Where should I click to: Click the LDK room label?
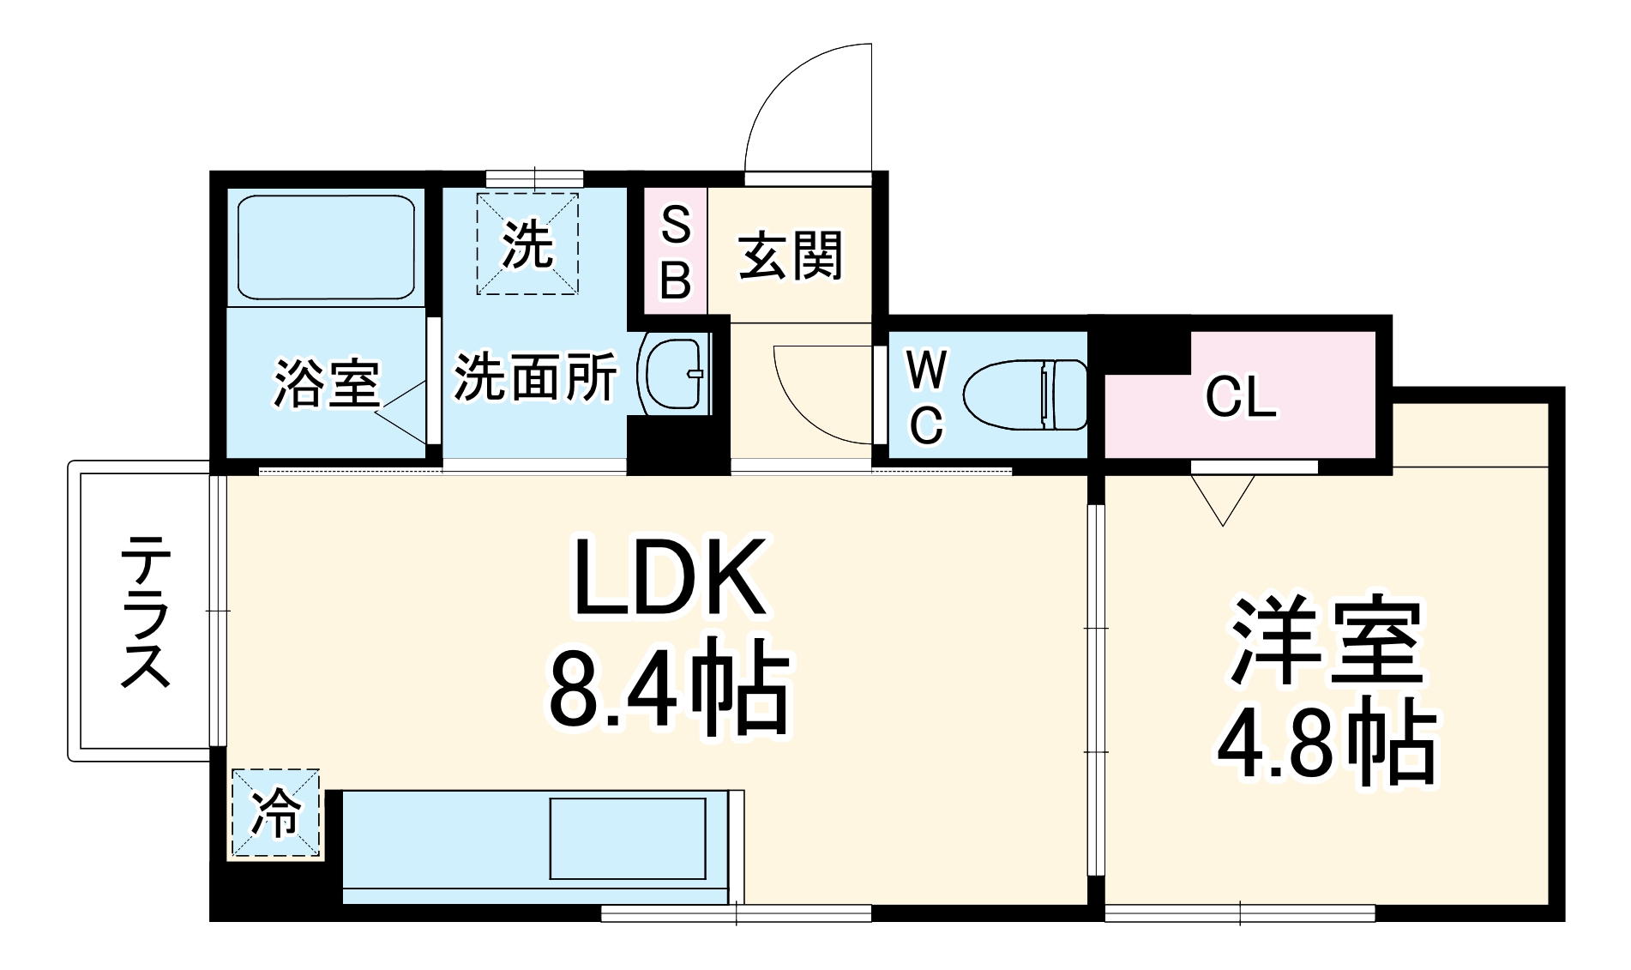[x=669, y=577]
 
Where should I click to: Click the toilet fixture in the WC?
[x=1026, y=395]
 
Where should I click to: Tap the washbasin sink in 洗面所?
[x=675, y=374]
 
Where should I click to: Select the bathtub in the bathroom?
[x=325, y=247]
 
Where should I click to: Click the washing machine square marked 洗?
[x=527, y=244]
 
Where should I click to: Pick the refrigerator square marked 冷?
[x=275, y=812]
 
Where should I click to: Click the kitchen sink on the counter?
[x=628, y=838]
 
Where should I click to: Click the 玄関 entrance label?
[x=791, y=255]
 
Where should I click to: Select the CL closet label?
[x=1241, y=397]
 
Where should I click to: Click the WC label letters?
[x=926, y=396]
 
